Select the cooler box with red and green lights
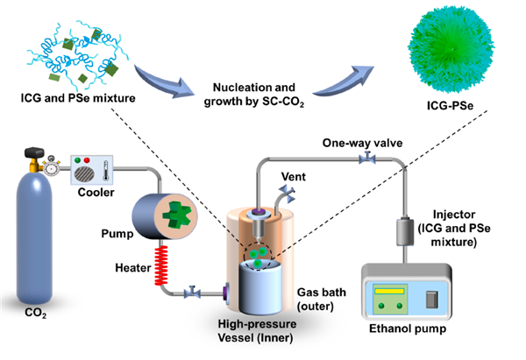click(92, 164)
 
